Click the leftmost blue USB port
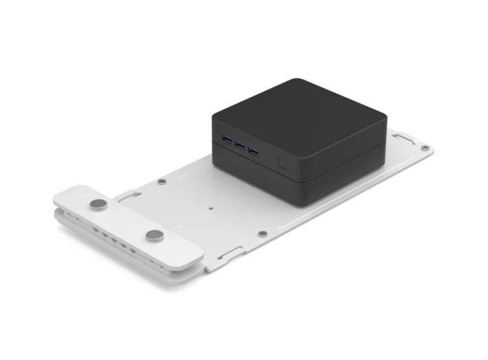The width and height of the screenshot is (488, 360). coord(226,139)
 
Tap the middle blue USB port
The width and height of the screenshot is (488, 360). coord(240,145)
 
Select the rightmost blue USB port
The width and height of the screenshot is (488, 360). coord(254,151)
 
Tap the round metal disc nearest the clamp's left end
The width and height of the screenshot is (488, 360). coord(98,204)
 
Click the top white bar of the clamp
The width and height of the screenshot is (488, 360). coord(127,222)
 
